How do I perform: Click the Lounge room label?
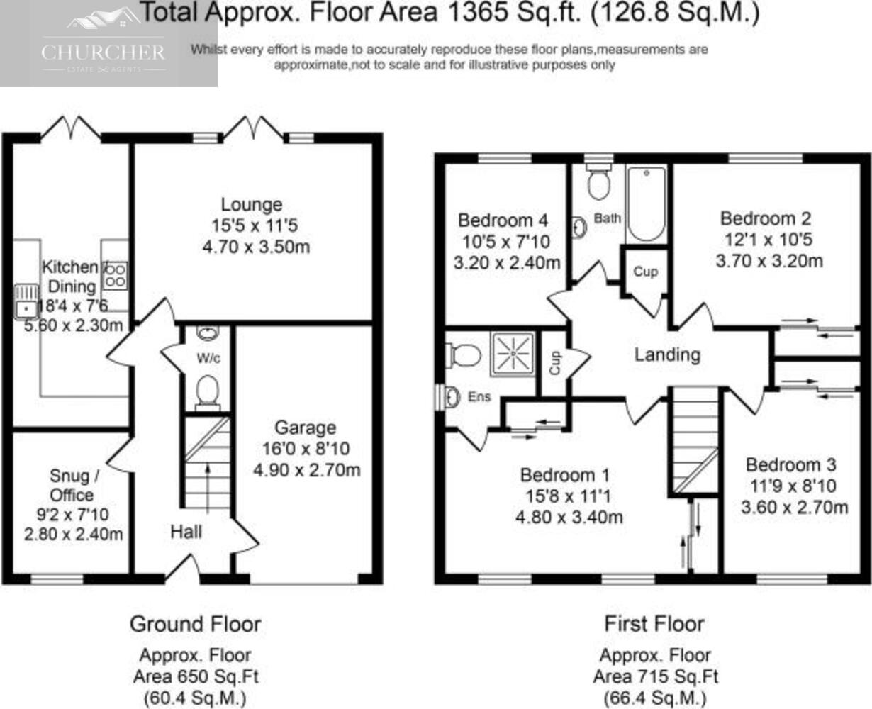(x=252, y=204)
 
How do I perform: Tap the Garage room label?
(x=306, y=428)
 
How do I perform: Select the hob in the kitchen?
(x=116, y=276)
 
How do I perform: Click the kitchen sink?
(x=27, y=302)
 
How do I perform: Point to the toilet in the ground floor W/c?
(x=208, y=392)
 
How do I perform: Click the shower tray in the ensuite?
(x=513, y=354)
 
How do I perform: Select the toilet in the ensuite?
(x=463, y=355)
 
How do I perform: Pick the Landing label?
(x=667, y=354)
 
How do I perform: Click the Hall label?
(x=186, y=532)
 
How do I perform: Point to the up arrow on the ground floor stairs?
(x=208, y=489)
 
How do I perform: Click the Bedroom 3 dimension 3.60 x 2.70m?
(x=794, y=508)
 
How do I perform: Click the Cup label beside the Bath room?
(x=646, y=271)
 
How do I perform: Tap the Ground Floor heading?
(x=195, y=624)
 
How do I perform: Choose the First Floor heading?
(x=654, y=624)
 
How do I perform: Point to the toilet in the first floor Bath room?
(x=598, y=182)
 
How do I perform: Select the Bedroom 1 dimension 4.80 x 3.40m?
(x=569, y=518)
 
